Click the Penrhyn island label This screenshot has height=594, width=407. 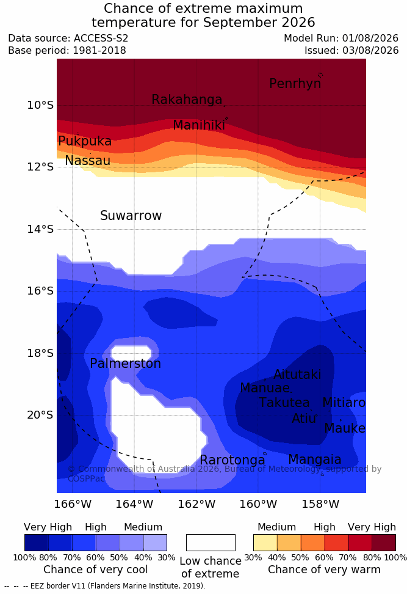point(295,83)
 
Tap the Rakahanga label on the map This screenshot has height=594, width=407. point(187,99)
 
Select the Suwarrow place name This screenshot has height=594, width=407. point(131,216)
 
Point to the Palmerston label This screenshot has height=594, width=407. point(126,364)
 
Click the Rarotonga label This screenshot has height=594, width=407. point(232,460)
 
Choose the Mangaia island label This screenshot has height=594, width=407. point(315,460)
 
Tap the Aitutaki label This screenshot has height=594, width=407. point(297,374)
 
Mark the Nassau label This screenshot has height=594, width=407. point(88,161)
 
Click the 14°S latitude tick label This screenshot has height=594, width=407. point(40,229)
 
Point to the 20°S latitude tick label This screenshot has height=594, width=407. point(40,415)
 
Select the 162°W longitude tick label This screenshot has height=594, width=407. point(196,504)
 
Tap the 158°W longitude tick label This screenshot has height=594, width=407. point(320,504)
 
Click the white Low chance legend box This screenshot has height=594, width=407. point(211,543)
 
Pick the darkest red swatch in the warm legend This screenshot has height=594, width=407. point(384,543)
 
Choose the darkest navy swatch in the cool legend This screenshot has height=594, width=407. point(37,543)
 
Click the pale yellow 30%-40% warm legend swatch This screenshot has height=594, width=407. point(265,543)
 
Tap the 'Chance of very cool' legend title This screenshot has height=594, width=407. point(95,570)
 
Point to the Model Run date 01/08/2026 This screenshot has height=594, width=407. point(370,38)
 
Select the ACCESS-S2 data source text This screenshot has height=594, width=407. point(101,38)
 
